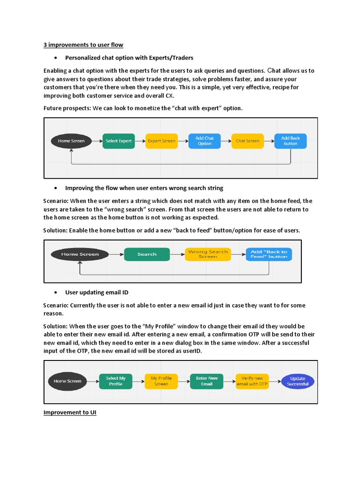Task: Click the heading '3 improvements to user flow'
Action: click(83, 45)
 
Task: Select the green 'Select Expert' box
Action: click(119, 141)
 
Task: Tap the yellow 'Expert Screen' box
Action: click(161, 141)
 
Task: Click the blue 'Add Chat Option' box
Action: click(204, 141)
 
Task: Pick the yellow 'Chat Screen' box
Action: click(247, 141)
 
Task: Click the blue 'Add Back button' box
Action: click(290, 141)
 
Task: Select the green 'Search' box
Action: click(147, 254)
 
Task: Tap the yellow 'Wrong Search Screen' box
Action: click(208, 254)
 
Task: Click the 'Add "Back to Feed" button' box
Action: click(269, 254)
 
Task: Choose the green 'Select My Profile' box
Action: click(115, 381)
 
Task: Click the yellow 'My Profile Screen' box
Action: click(161, 381)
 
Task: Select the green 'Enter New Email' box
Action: click(207, 381)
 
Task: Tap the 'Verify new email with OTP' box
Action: click(252, 381)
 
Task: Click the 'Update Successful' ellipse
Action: click(298, 381)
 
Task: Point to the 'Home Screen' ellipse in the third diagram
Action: click(67, 381)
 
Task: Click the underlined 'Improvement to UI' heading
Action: click(70, 413)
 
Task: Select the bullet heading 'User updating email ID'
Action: click(97, 292)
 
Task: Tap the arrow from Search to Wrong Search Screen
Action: click(177, 254)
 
